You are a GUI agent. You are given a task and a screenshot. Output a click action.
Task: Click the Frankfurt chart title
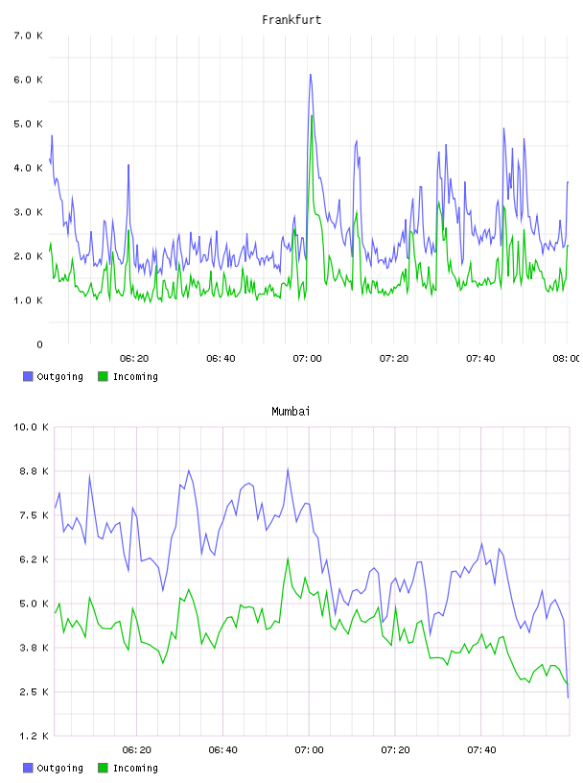291,20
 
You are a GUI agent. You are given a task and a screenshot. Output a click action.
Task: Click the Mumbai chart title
291,412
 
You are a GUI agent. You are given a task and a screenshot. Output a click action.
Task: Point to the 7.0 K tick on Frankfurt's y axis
29,36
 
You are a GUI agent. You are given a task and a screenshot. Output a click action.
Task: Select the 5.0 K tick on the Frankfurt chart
29,124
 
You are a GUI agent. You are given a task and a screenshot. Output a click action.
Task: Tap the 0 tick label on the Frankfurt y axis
39,344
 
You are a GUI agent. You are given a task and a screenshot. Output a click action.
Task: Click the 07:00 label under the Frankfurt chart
308,359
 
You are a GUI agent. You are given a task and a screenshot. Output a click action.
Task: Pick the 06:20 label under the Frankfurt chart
134,359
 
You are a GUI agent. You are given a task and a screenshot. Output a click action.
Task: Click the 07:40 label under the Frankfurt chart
480,359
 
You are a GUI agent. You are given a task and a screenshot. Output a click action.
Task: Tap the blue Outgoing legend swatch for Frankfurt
28,376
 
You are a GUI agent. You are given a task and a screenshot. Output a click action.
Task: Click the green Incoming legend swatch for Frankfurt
103,376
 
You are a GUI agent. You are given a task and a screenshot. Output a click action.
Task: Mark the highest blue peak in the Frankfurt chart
311,75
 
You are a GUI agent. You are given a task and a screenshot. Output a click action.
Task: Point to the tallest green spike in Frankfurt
312,116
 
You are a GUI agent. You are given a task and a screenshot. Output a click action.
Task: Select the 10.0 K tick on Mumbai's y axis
31,427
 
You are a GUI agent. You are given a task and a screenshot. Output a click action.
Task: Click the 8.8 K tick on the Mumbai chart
34,471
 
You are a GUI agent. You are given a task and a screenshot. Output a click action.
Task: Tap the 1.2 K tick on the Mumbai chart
34,736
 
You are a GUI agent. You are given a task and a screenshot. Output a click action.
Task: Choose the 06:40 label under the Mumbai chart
223,750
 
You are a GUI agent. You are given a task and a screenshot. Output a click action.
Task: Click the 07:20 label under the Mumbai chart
396,750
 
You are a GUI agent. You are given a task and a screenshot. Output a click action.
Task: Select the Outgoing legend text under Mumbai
59,768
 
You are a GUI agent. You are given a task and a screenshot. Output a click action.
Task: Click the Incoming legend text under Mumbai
135,768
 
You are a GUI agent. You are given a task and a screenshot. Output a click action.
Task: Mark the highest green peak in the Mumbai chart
288,558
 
